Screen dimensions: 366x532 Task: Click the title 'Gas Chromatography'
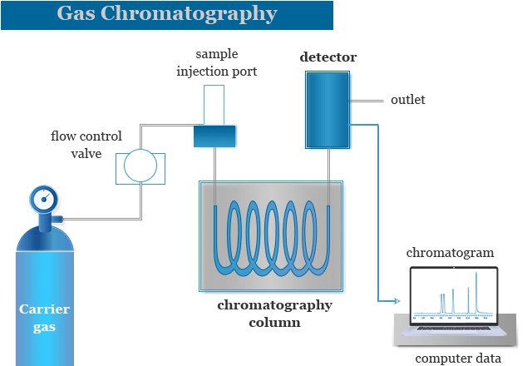167,14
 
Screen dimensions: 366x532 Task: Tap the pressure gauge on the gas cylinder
45,199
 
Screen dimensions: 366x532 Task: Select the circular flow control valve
140,166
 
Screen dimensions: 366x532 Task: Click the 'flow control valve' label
86,144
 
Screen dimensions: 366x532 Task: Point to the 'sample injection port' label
216,63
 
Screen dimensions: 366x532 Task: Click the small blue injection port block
214,136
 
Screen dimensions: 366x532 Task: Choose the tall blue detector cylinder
328,109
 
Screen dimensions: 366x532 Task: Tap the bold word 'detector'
328,57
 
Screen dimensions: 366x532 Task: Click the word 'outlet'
407,100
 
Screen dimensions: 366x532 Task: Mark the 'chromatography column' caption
274,313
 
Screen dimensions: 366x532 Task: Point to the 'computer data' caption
458,359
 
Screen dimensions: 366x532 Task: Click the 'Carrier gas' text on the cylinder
45,318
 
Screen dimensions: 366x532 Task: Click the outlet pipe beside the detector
367,101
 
